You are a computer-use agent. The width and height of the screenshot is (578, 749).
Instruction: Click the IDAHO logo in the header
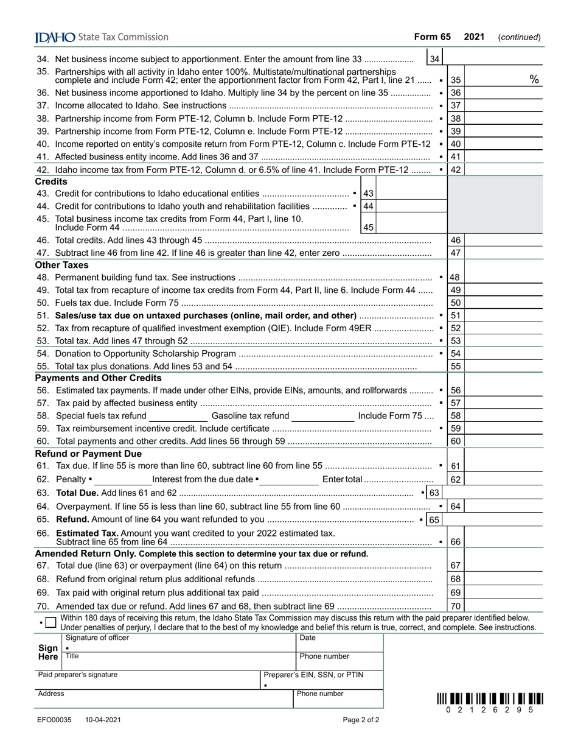click(55, 37)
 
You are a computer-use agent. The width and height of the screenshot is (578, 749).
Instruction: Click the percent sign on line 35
click(534, 79)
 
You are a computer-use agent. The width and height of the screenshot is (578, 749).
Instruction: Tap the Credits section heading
click(51, 181)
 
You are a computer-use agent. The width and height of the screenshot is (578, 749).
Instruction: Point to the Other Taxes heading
click(61, 265)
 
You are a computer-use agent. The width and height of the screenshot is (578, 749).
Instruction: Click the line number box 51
click(456, 315)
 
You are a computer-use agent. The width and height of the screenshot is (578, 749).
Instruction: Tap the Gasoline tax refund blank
click(322, 416)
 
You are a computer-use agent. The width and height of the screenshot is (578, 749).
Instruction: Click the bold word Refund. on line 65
click(72, 519)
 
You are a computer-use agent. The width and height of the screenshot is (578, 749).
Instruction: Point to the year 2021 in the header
click(474, 37)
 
